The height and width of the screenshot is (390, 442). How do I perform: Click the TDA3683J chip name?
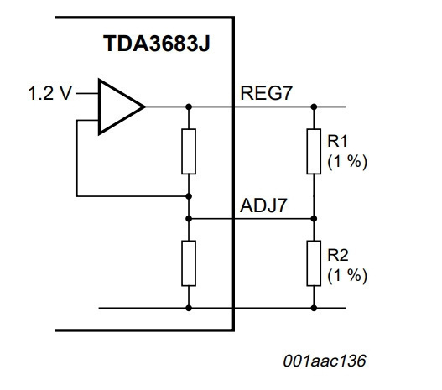(157, 44)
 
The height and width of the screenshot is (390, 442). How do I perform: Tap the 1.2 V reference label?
(50, 93)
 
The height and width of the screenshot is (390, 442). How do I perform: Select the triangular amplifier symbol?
(122, 107)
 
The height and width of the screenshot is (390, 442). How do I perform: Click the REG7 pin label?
(266, 93)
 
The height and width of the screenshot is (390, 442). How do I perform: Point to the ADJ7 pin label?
(263, 205)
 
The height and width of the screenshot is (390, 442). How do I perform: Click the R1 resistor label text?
(337, 141)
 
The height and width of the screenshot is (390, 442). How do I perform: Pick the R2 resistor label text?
(338, 255)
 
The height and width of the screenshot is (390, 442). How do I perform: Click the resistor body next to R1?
(314, 152)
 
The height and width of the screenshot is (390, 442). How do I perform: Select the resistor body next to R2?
(314, 263)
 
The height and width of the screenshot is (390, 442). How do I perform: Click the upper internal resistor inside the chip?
(189, 152)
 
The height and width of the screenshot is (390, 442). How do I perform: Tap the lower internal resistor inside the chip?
(189, 263)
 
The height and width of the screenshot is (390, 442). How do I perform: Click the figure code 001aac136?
(325, 361)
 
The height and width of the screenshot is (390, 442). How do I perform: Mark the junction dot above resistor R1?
(314, 107)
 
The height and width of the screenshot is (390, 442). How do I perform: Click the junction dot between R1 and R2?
(314, 219)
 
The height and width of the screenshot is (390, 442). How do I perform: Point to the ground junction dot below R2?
(314, 308)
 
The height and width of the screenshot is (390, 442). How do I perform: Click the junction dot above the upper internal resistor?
(189, 107)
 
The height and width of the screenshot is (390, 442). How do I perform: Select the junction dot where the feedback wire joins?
(189, 196)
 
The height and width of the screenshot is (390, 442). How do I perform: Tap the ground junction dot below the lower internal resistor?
(189, 308)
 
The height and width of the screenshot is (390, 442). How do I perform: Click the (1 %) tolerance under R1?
(347, 162)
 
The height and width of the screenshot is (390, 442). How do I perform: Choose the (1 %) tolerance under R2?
(347, 276)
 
